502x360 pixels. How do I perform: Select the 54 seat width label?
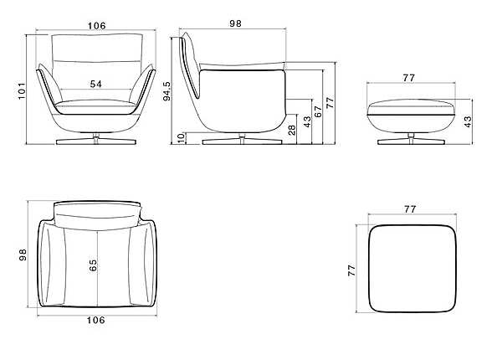coord(96,85)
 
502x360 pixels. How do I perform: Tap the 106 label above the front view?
coord(96,26)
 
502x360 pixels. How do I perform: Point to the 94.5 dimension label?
coord(168,90)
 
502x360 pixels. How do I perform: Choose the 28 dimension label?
coord(291,130)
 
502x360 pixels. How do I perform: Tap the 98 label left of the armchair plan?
coord(23,255)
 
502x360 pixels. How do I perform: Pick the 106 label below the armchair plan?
coord(96,319)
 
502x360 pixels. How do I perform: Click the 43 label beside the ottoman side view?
coord(469,121)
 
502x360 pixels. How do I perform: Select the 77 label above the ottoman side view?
coord(409,77)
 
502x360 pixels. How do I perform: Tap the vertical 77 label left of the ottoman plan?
coord(352,270)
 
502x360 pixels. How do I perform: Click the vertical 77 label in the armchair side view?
coord(330,103)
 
